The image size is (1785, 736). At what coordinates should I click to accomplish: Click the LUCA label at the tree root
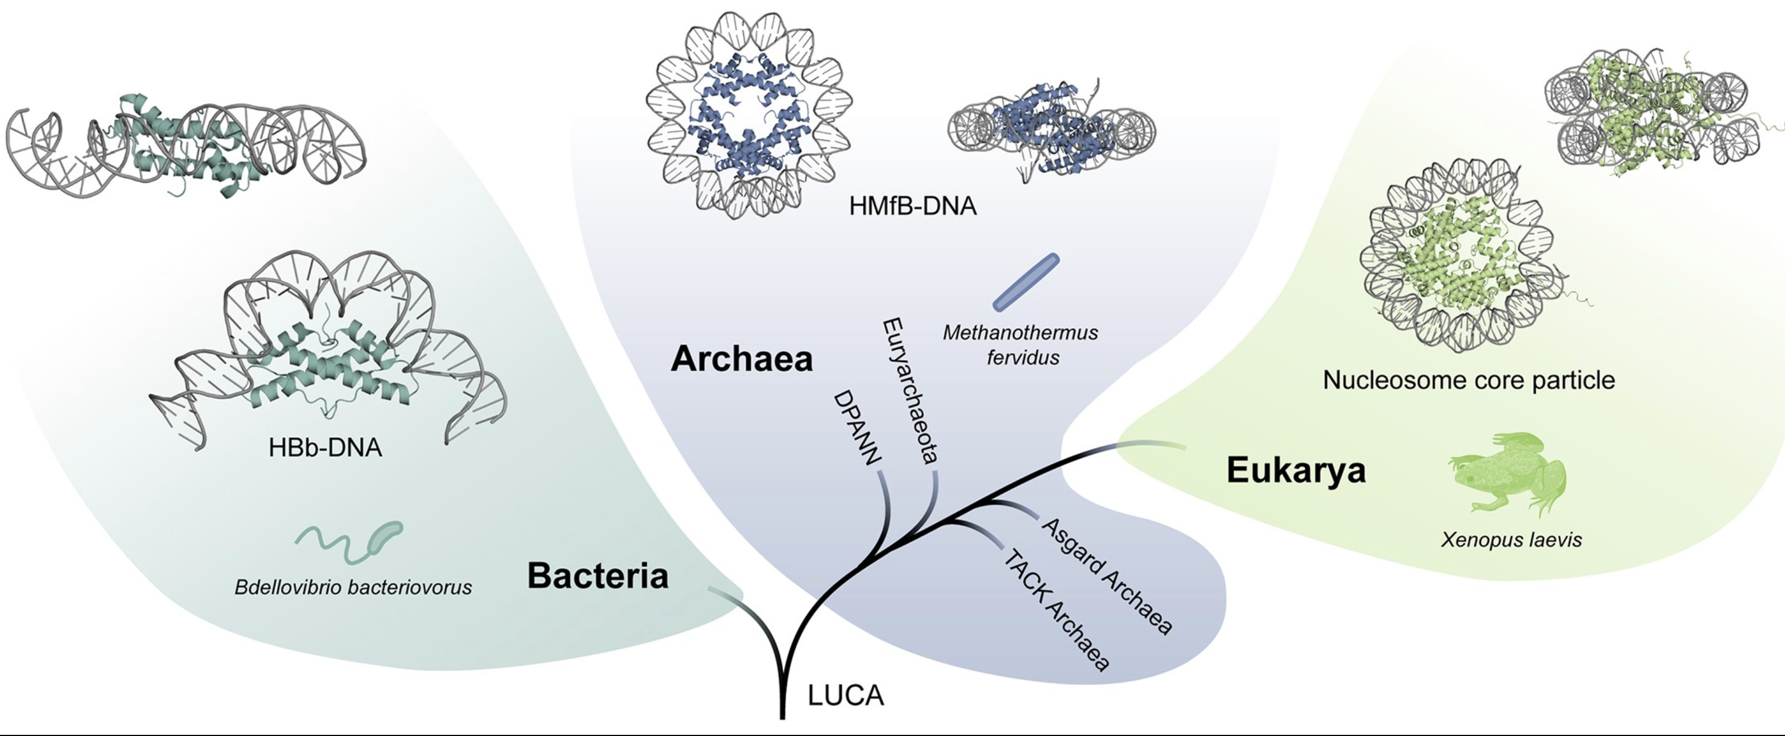point(846,695)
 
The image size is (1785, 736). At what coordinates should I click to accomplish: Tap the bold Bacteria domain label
point(597,576)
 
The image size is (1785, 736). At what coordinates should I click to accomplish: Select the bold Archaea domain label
point(742,359)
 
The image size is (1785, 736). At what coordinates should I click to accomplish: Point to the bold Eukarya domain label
point(1296,470)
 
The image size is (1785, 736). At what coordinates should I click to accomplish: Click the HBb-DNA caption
point(325,448)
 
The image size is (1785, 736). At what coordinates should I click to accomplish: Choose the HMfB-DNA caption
point(913,206)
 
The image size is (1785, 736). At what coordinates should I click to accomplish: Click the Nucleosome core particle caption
point(1468,380)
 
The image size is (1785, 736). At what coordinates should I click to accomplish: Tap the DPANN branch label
point(857,427)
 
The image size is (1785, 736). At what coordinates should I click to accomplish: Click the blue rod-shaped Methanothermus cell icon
point(1026,281)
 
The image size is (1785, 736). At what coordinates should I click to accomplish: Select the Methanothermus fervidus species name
point(1020,345)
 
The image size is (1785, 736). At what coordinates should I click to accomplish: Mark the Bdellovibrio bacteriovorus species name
point(353,588)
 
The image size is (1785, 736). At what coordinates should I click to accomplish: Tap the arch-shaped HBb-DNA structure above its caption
point(325,347)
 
